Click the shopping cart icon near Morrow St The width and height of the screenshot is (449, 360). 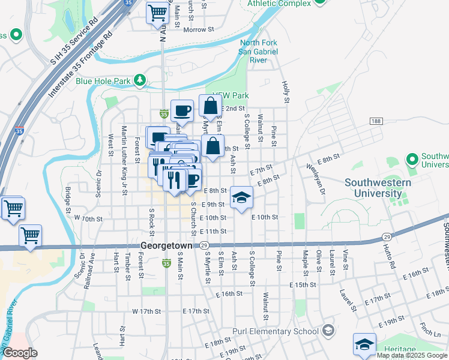click(x=157, y=12)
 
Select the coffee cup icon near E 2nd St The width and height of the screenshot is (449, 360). click(x=182, y=110)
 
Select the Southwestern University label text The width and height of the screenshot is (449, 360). click(x=381, y=187)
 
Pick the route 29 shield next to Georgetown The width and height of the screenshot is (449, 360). click(x=205, y=246)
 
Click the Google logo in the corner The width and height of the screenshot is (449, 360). click(x=20, y=353)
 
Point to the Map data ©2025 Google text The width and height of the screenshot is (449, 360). click(x=412, y=355)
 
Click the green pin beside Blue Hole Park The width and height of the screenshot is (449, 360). click(x=139, y=79)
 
